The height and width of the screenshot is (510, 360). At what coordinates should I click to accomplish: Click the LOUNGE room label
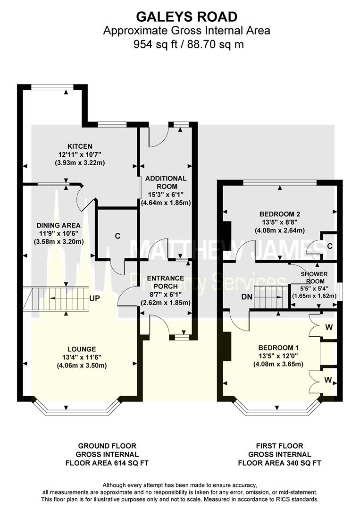[x=81, y=349]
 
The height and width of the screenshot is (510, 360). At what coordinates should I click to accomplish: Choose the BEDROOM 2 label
[x=279, y=213]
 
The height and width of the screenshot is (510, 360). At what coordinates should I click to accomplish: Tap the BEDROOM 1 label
[x=278, y=347]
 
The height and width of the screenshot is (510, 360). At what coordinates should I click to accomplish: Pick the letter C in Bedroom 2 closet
[x=329, y=246]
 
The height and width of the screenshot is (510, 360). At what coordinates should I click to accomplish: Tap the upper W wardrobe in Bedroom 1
[x=329, y=327]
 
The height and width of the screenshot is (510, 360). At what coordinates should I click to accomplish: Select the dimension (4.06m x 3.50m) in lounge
[x=81, y=365]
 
